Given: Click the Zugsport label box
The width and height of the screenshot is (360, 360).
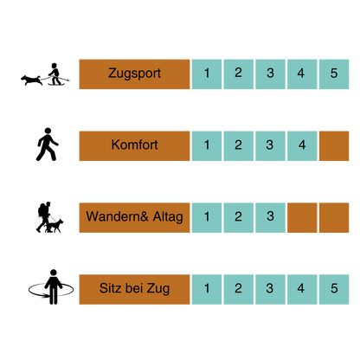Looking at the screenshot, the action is point(134,74).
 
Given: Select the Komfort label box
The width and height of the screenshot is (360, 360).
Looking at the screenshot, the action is point(134,146).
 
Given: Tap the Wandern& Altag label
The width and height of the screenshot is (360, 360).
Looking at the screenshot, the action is point(134,217).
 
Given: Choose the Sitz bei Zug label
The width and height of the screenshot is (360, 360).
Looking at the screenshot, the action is point(134,289).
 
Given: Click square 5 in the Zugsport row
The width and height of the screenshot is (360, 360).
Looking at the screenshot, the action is point(334,74).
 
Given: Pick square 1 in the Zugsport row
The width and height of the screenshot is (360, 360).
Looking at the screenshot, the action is point(207,74).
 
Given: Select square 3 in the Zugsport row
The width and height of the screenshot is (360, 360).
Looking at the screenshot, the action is point(270,74).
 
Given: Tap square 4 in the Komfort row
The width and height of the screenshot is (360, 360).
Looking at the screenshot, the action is point(302,146).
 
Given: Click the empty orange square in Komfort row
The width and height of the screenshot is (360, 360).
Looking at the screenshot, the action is point(334,146).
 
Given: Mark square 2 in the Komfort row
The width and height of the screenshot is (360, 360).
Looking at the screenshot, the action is point(239,146).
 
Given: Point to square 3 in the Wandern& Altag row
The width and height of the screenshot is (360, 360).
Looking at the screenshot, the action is point(270,217).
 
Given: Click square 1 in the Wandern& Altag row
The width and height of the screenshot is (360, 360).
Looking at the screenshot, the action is point(207,217).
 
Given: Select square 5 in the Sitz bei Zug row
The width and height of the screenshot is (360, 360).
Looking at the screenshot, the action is point(334,289).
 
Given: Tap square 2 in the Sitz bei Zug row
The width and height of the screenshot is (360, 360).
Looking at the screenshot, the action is point(239,289).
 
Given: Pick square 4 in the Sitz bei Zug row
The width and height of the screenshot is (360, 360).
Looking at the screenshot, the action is point(302,289).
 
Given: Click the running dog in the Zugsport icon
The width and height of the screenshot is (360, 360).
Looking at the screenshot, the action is point(31,80).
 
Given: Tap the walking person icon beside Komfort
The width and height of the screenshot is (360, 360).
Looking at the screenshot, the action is point(47,145).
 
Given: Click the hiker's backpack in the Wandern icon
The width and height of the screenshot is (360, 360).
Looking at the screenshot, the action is point(42,210).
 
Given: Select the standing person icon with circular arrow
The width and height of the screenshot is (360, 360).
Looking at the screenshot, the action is point(51,287).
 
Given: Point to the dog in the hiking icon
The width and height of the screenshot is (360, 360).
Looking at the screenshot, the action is point(55,226).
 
